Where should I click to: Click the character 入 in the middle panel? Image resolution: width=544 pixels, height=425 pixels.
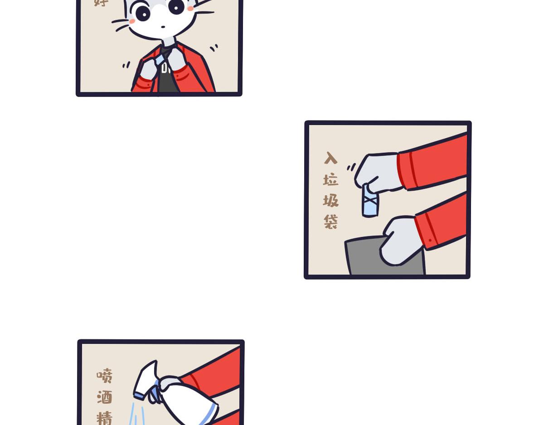point(331,158)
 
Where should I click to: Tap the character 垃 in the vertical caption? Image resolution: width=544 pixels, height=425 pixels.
point(331,180)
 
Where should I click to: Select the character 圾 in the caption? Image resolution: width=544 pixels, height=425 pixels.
point(331,200)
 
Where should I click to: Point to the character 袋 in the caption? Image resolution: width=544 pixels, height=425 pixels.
point(331,222)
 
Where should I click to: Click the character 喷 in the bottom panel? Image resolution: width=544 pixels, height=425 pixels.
point(104,376)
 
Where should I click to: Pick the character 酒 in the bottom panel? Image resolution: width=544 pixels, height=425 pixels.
point(104,397)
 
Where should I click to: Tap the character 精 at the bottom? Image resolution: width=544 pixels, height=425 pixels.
point(104,417)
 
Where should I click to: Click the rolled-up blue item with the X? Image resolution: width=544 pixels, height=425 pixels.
point(370,201)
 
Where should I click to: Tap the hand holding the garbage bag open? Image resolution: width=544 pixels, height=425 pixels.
point(401,240)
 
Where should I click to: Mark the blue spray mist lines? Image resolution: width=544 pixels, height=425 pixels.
point(136,415)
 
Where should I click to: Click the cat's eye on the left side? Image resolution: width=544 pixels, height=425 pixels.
point(143,13)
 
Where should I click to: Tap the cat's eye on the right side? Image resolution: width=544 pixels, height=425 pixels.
point(176,6)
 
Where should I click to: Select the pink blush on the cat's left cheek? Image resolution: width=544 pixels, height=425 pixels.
point(132,21)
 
